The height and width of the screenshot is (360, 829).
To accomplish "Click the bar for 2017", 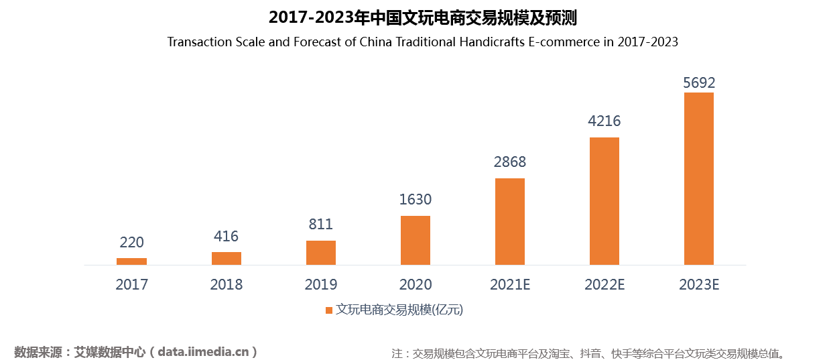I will point(131,261).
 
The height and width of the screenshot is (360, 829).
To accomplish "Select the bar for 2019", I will point(321,253).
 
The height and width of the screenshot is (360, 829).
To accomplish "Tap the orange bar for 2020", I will point(416,240).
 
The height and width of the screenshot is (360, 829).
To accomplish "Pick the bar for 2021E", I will point(510,221).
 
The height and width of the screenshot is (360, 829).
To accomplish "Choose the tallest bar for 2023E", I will point(699,178).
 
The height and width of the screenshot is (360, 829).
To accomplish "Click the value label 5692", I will point(699,83).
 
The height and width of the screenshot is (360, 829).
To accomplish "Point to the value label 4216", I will point(604,121).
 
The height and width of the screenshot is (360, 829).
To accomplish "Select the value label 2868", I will point(510,162).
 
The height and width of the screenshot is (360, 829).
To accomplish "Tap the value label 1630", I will point(416,199).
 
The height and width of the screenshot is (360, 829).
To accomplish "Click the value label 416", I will point(227,236).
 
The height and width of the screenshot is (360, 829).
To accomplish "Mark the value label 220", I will point(131,242).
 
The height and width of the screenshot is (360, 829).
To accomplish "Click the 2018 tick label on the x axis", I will point(227,284).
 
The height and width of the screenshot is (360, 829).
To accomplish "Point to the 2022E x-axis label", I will point(604,284).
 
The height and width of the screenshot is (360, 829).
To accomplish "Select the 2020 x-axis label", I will point(416,284).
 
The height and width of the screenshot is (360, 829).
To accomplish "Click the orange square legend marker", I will point(329,310).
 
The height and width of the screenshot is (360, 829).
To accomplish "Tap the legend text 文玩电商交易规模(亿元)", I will point(399,310).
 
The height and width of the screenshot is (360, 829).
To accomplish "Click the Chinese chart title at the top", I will point(422,17).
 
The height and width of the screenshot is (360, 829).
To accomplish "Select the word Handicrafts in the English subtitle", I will point(493,42).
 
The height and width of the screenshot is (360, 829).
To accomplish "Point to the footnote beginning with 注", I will point(588,353).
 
